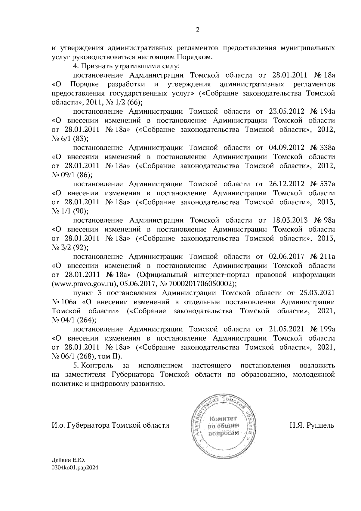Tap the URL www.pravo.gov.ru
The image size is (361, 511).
tap(84, 284)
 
